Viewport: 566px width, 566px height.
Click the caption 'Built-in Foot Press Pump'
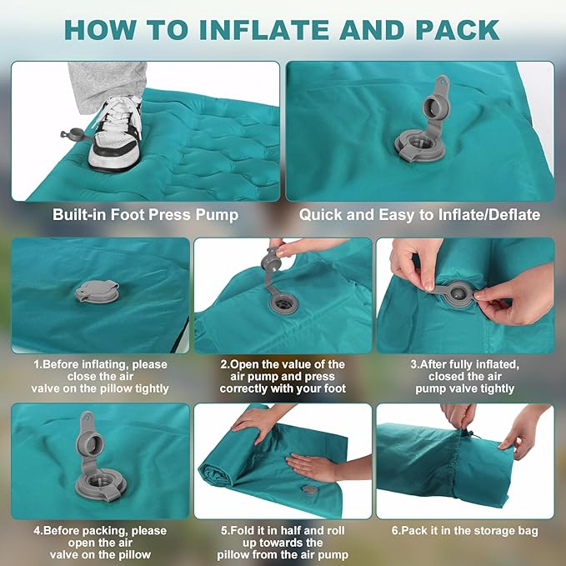click(145, 215)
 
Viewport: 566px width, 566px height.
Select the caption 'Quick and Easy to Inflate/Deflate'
click(419, 215)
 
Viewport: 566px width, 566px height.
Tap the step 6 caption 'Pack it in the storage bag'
click(465, 531)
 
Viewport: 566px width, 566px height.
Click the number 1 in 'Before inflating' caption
click(37, 364)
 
